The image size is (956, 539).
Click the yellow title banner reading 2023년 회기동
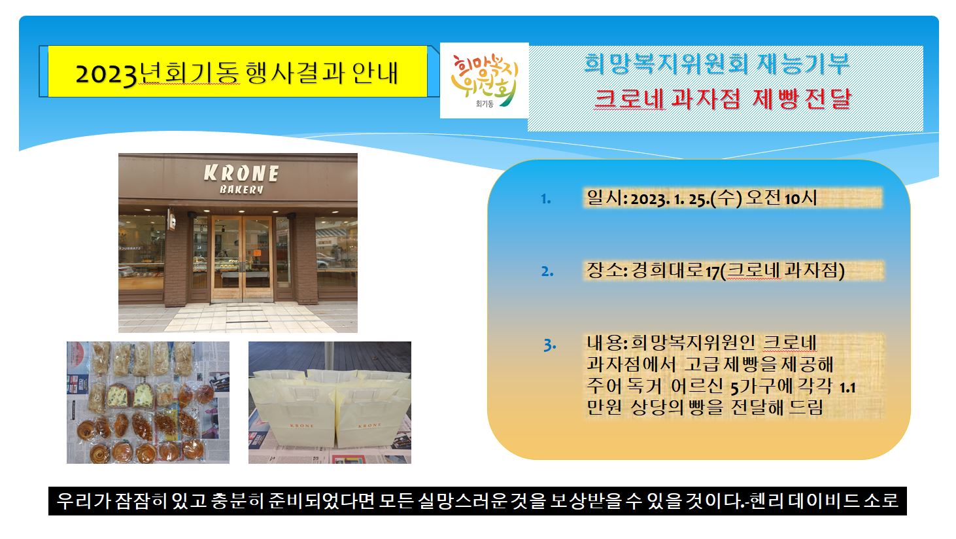coord(237,71)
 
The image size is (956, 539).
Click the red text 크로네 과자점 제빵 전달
coord(723,99)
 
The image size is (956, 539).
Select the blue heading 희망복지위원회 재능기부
coord(717,64)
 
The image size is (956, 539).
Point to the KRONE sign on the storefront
coord(241,173)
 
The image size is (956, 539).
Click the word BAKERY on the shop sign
coord(241,189)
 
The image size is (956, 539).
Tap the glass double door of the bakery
coord(242,258)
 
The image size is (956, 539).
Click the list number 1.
coord(545,199)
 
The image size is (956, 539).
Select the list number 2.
coord(547,271)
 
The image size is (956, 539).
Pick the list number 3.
coord(550,345)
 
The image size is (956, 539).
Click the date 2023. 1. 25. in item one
coord(671,199)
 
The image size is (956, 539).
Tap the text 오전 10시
coord(781,198)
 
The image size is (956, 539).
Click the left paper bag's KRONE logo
coord(301,426)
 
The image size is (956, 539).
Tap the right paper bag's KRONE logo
coord(369,426)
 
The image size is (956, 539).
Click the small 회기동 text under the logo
coord(485,104)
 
